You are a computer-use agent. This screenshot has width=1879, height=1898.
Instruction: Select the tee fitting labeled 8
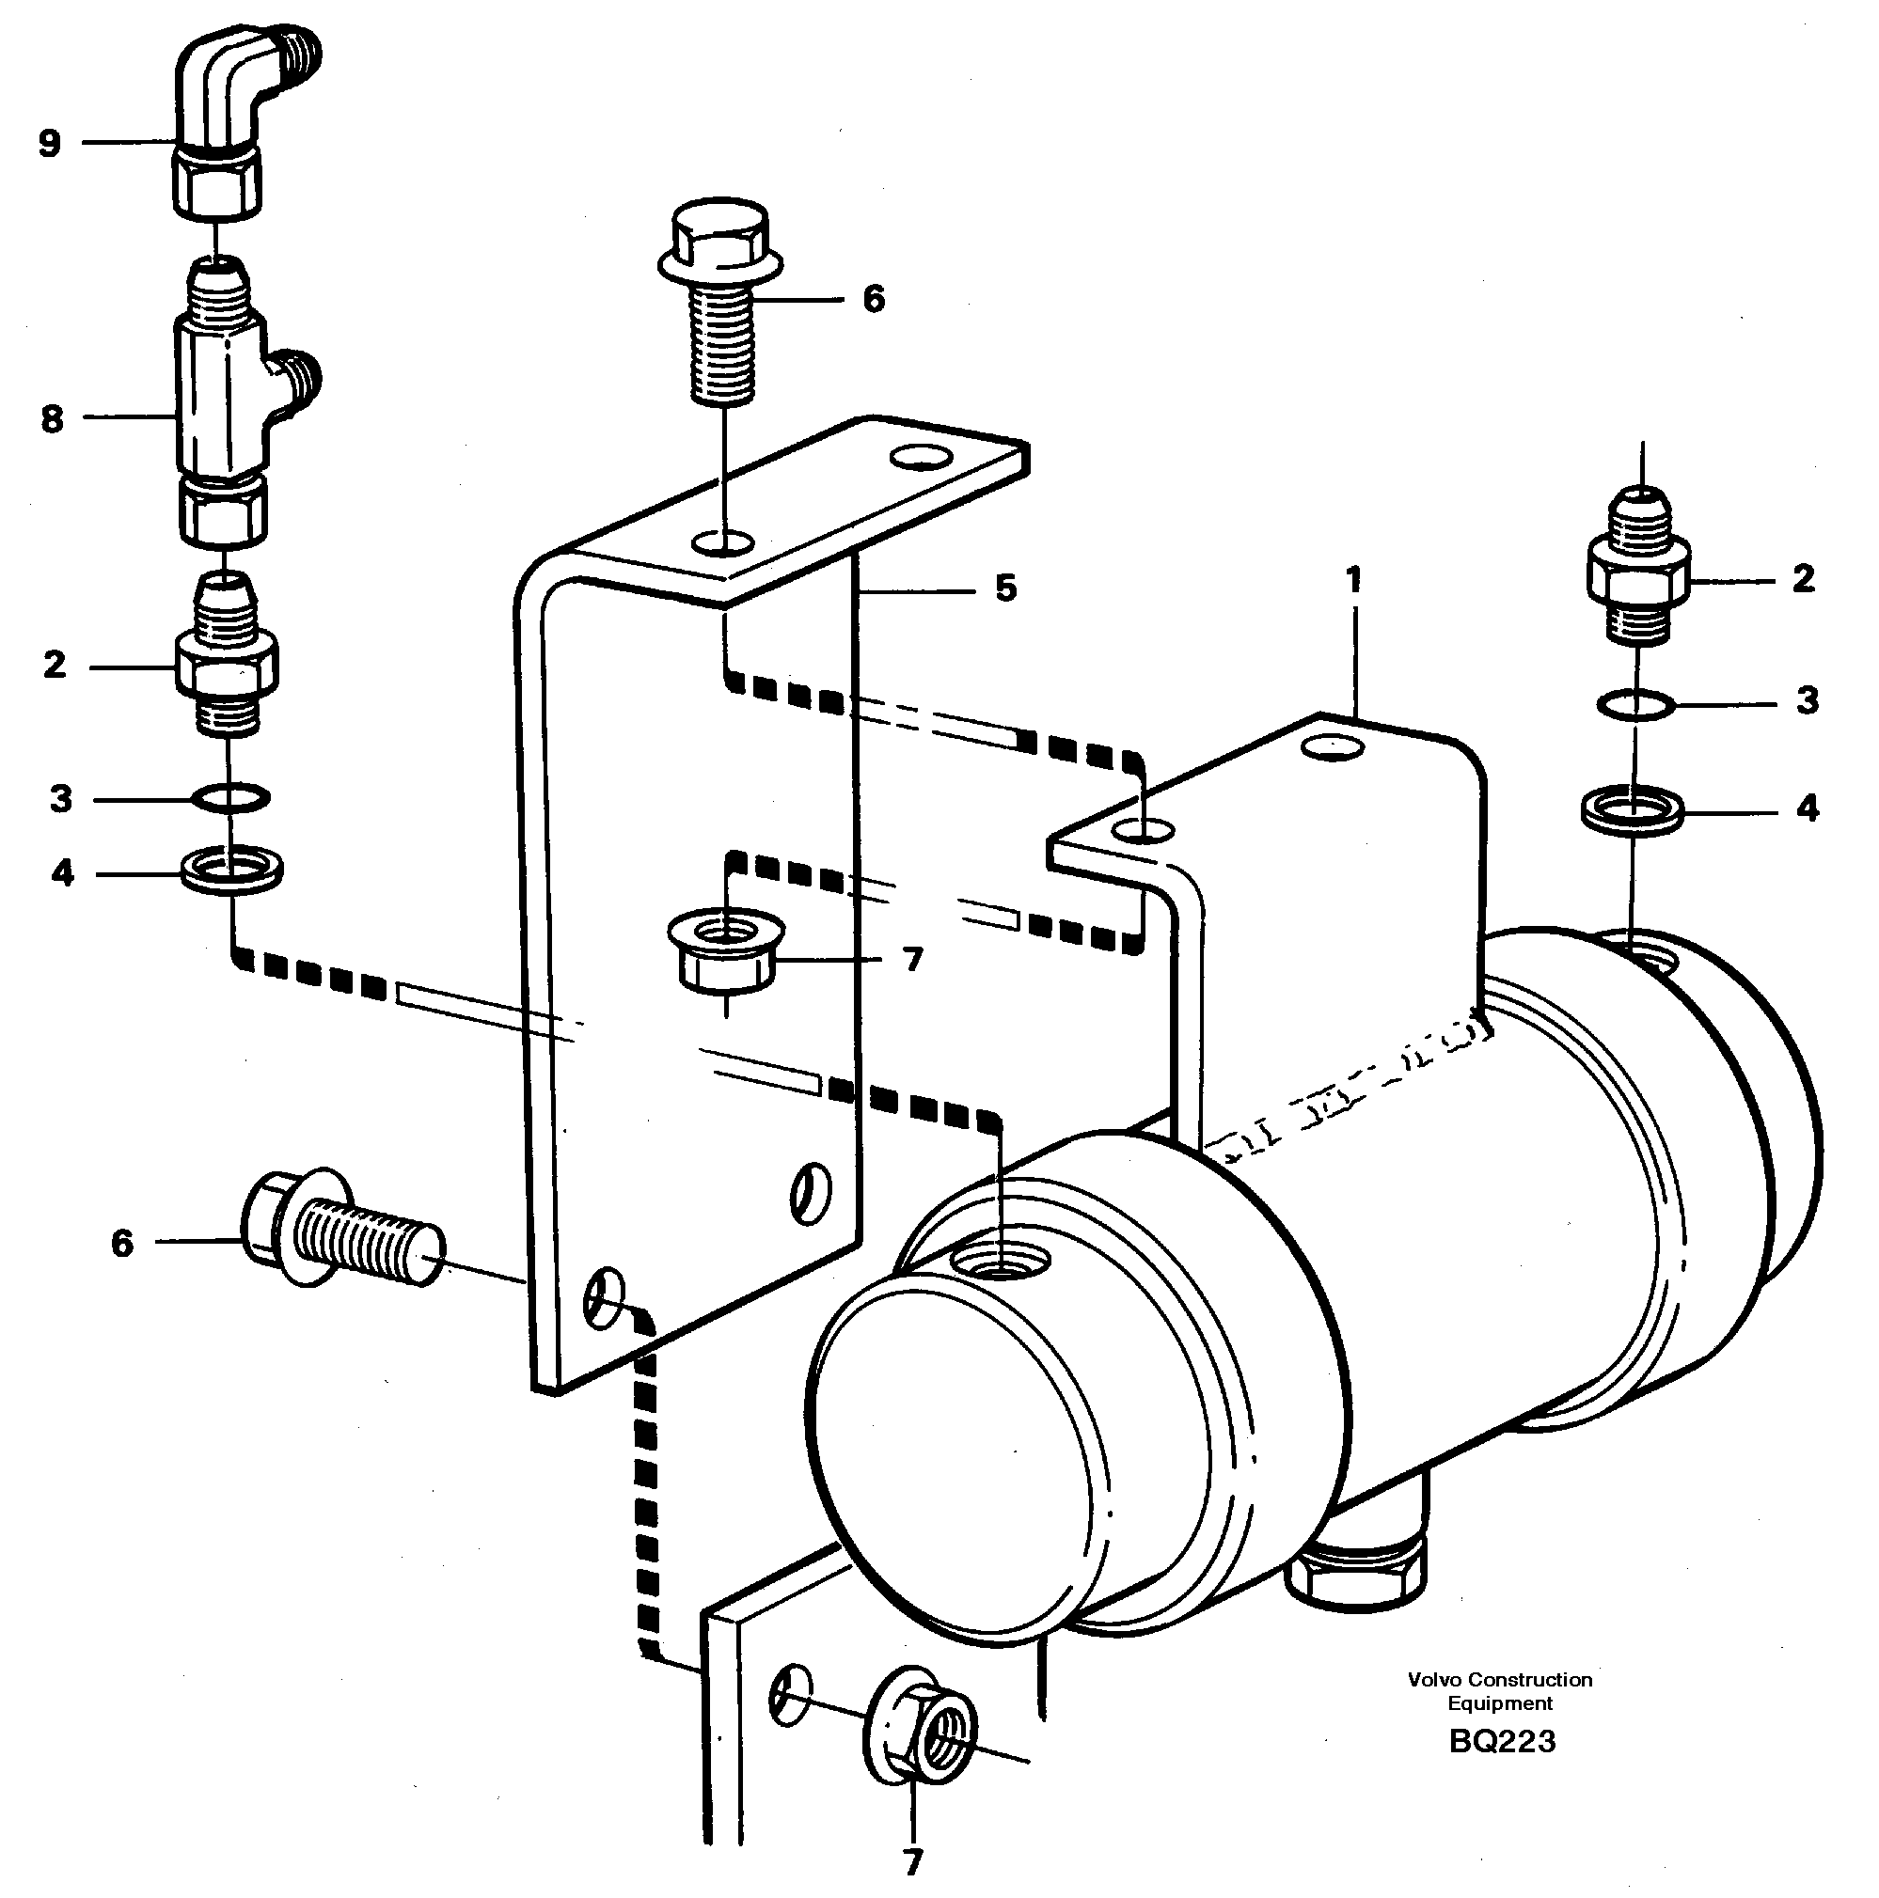click(226, 402)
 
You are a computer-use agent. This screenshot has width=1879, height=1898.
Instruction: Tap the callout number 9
click(49, 144)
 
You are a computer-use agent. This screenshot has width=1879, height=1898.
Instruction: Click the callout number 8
click(51, 419)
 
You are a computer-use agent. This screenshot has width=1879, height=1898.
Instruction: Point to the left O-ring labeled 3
click(230, 798)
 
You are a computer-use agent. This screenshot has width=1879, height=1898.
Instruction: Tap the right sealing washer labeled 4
click(1633, 812)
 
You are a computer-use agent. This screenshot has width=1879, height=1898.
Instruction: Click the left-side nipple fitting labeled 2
click(227, 658)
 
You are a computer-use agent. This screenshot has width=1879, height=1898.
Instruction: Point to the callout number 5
click(1004, 588)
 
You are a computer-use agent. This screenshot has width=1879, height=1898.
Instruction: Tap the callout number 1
click(1354, 581)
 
